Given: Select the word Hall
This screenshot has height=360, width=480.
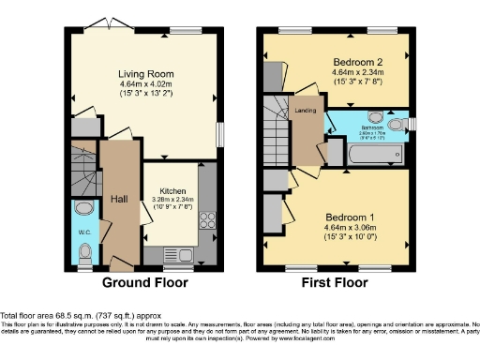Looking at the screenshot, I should click(x=120, y=199).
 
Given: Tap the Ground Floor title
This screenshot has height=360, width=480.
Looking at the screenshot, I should click(x=144, y=282).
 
